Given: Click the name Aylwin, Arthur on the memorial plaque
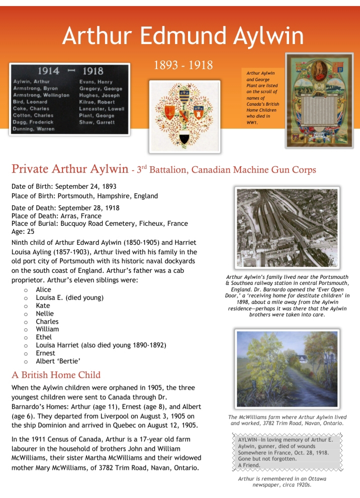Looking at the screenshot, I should tap(31, 81).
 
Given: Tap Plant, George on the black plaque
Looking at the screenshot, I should tap(97, 115).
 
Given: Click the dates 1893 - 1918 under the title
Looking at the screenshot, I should tap(183, 65).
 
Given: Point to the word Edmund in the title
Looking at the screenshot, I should tap(183, 36).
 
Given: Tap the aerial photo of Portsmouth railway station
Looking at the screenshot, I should tap(287, 228).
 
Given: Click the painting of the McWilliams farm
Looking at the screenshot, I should tap(287, 369).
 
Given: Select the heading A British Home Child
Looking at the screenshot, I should tap(56, 375).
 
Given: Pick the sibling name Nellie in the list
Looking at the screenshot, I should tap(44, 314).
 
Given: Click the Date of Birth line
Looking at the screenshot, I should tap(64, 187).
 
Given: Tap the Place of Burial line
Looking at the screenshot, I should tap(99, 224).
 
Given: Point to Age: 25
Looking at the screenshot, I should tap(23, 231).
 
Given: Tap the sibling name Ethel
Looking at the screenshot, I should tap(44, 337).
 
